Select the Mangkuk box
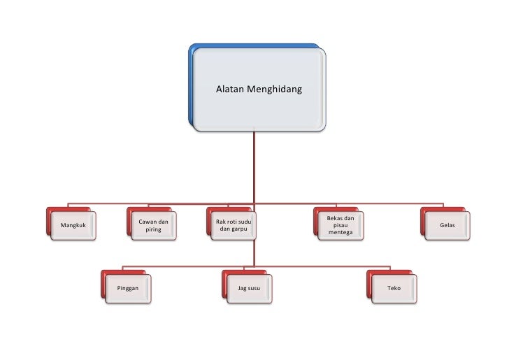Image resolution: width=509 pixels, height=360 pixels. coord(73,226)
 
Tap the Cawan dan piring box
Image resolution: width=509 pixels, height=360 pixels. coord(153,226)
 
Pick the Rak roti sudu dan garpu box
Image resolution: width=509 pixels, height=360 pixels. coord(233,226)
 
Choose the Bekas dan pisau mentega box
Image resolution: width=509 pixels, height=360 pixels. coord(340,226)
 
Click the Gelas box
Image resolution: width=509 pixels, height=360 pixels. coord(447,226)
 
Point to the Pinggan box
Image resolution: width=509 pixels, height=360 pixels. coord(127,287)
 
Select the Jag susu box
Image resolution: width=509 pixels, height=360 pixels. coord(248,287)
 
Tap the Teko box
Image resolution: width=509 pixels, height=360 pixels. coord(394,287)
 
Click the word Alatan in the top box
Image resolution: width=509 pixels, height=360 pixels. coord(229,89)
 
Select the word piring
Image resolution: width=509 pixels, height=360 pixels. coord(153,230)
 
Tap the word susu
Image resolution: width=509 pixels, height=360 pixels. coord(254,288)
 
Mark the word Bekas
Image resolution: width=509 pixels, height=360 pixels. coord(335,218)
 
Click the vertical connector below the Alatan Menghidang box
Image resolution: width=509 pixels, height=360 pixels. coord(255,168)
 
